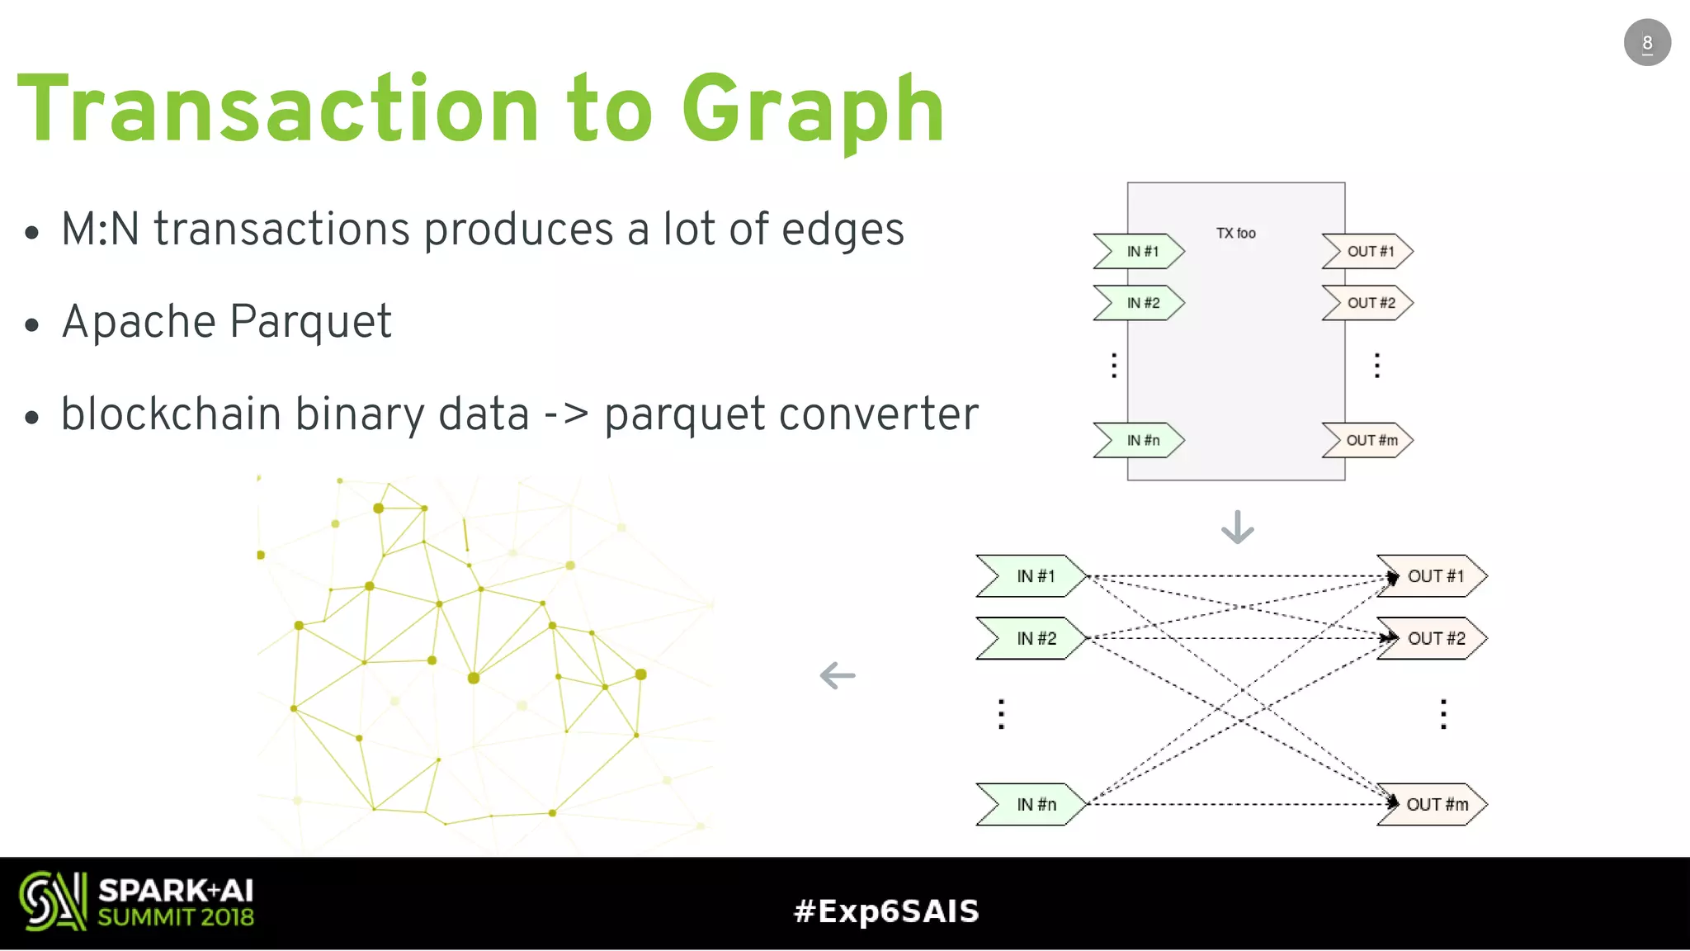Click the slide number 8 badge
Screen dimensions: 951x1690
[x=1646, y=43]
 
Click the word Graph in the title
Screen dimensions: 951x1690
[x=812, y=111]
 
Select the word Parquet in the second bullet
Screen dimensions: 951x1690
[x=310, y=322]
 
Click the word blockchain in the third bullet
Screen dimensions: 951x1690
[x=171, y=414]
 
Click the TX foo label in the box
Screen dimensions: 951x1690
[x=1235, y=234]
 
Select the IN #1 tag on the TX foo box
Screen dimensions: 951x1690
[x=1141, y=252]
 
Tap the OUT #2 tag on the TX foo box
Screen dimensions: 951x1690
[x=1369, y=303]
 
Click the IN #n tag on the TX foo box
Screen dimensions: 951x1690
[x=1141, y=441]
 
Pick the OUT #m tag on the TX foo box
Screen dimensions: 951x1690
[x=1369, y=441]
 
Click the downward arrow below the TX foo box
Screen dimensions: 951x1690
[x=1237, y=528]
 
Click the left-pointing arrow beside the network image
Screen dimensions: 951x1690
[x=838, y=676]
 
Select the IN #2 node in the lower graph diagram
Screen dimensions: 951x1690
[x=1034, y=639]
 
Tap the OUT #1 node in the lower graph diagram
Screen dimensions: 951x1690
[x=1434, y=576]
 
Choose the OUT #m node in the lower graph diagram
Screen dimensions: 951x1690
[x=1434, y=805]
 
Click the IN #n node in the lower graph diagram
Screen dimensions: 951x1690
[x=1034, y=805]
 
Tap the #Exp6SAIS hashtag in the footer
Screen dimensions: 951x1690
[x=885, y=911]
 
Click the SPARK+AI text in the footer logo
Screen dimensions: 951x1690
[x=176, y=891]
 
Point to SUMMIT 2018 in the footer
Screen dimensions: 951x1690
[x=176, y=918]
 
